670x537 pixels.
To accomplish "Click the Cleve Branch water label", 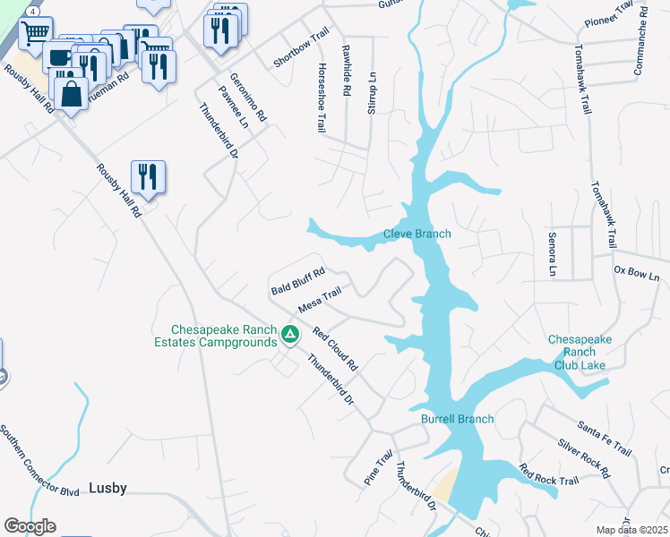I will [x=417, y=234].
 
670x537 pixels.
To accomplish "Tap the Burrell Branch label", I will [x=457, y=419].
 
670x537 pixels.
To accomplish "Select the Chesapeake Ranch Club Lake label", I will [x=580, y=352].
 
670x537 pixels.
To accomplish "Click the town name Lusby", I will [x=107, y=489].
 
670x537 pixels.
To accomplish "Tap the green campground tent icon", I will [x=289, y=335].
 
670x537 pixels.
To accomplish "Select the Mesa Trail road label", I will [x=320, y=299].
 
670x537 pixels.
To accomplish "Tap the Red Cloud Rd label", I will [x=335, y=349].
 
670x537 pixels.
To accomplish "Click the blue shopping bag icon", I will [x=71, y=93].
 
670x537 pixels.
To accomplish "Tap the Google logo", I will [x=30, y=526].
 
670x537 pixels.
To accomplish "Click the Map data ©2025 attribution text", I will [x=631, y=530].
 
